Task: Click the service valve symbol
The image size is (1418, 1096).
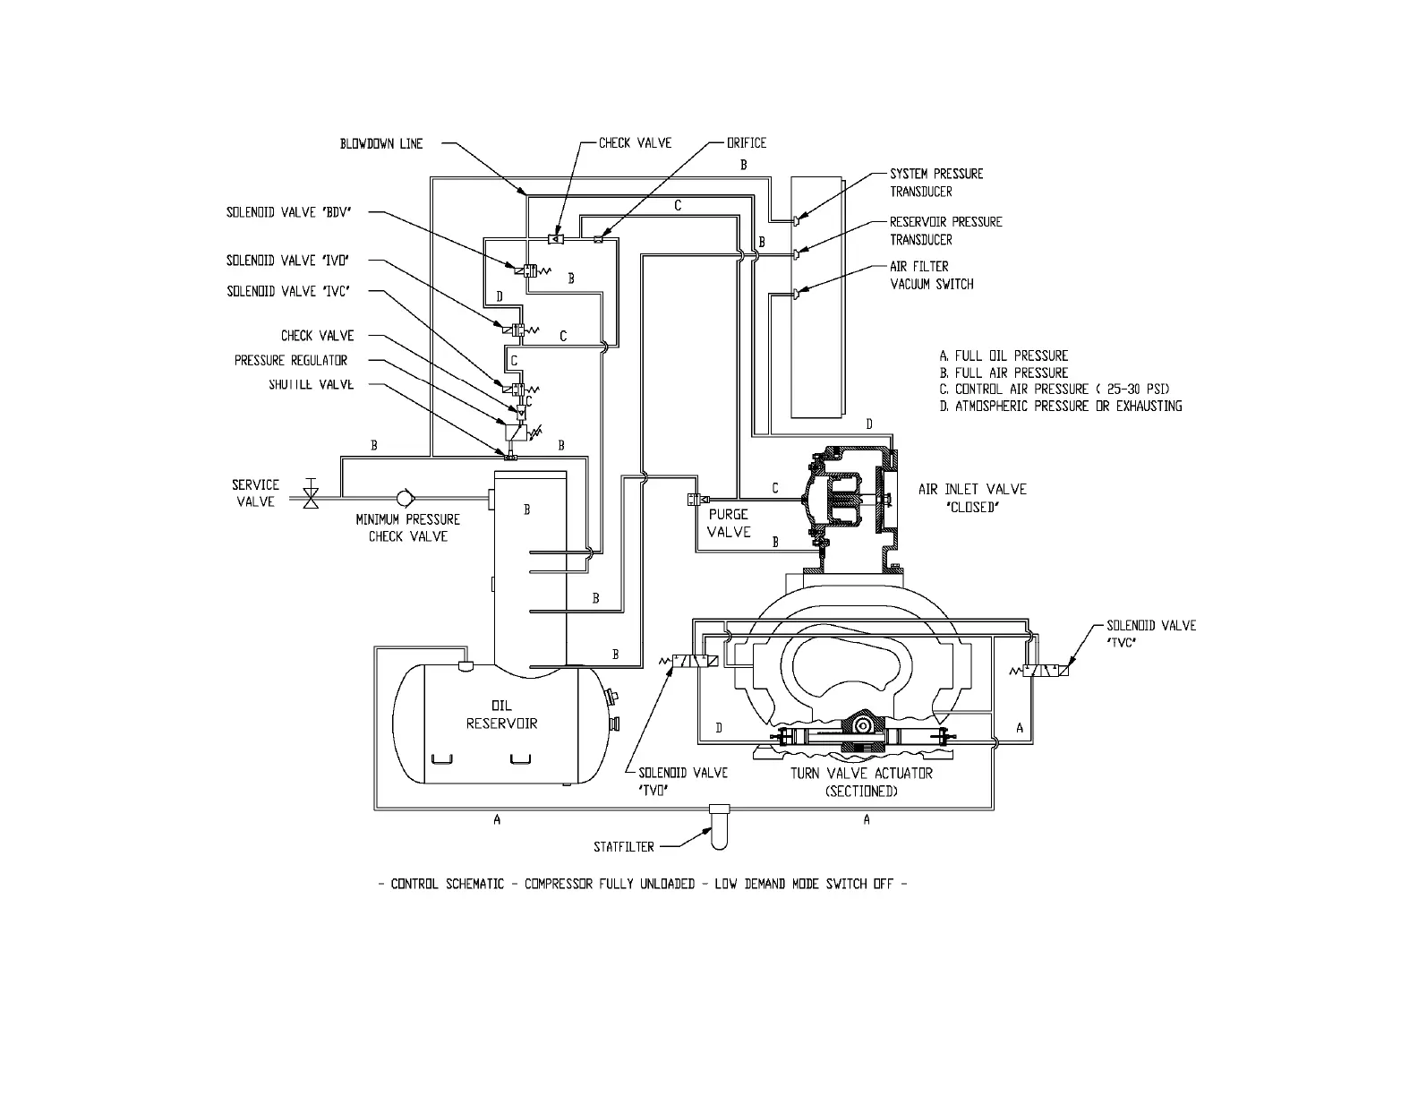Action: coord(311,493)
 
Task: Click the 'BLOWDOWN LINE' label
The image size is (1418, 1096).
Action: coord(380,143)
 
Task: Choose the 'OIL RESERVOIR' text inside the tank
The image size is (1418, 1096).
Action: coord(501,715)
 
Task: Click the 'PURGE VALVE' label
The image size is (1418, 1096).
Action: coord(729,523)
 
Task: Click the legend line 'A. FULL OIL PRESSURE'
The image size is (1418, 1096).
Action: coord(1004,355)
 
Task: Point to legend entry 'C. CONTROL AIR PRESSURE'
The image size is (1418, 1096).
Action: coord(1054,390)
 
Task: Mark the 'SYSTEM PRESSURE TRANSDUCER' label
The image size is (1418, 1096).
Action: coord(935,183)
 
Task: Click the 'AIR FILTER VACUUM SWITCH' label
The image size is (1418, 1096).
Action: coord(931,275)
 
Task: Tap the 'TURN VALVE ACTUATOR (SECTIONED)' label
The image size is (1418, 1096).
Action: coord(861,782)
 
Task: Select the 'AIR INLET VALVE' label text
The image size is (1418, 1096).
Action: coord(972,489)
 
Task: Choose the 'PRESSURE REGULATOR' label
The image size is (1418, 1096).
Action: coord(291,361)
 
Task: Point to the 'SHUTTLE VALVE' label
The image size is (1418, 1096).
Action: coord(311,385)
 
